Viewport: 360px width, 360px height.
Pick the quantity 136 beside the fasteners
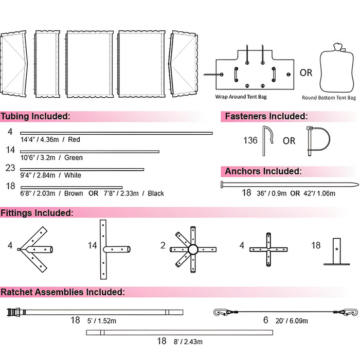(x=250, y=140)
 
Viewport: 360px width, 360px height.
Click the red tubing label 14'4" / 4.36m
(x=50, y=139)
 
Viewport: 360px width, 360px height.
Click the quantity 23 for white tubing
(x=10, y=168)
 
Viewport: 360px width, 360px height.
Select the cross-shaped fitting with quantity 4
(x=267, y=249)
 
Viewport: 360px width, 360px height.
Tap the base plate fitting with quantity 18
(x=337, y=251)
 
